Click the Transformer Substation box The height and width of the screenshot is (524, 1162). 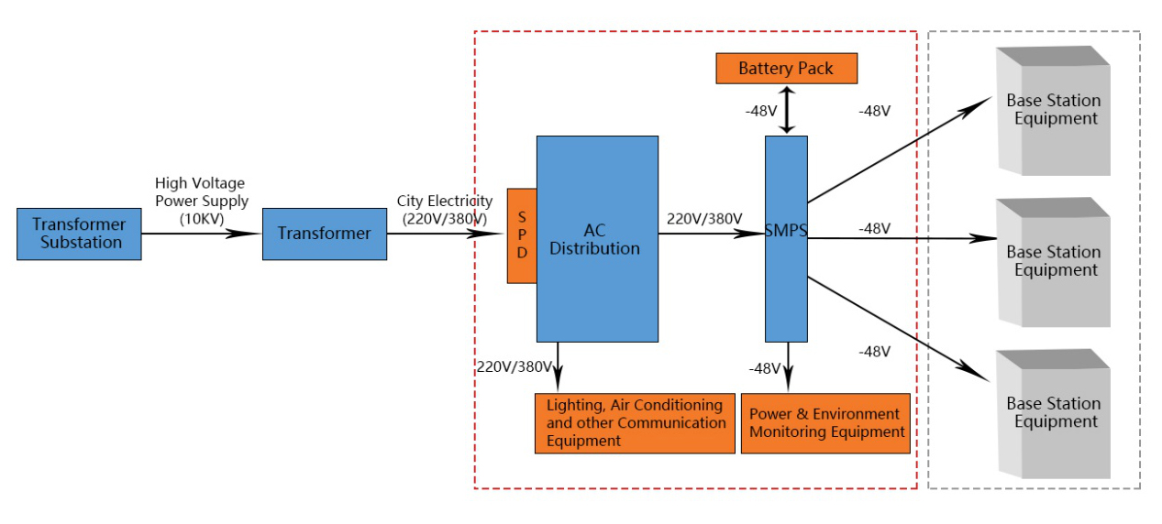(x=79, y=234)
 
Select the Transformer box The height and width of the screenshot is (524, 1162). (x=324, y=234)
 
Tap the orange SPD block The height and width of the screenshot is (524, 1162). (x=522, y=235)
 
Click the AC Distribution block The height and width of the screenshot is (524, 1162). (x=597, y=238)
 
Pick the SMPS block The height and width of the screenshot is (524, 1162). (x=786, y=238)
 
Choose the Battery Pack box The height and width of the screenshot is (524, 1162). (x=786, y=69)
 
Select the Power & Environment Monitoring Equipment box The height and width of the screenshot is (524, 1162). (x=825, y=423)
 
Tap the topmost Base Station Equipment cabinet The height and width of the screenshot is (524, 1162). (x=1053, y=111)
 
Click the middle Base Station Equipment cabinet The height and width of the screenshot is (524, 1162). (x=1053, y=262)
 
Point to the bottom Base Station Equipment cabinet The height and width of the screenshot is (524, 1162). (x=1053, y=413)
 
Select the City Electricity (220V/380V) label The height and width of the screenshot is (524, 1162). (x=444, y=210)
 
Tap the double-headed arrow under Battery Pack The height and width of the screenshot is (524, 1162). (x=786, y=110)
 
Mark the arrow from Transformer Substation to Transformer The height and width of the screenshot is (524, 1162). (x=202, y=233)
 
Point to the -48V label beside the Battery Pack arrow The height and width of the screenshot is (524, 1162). (x=761, y=111)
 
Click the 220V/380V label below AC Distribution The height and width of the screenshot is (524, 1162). (x=514, y=367)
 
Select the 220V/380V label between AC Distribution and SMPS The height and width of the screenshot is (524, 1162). (x=704, y=219)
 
